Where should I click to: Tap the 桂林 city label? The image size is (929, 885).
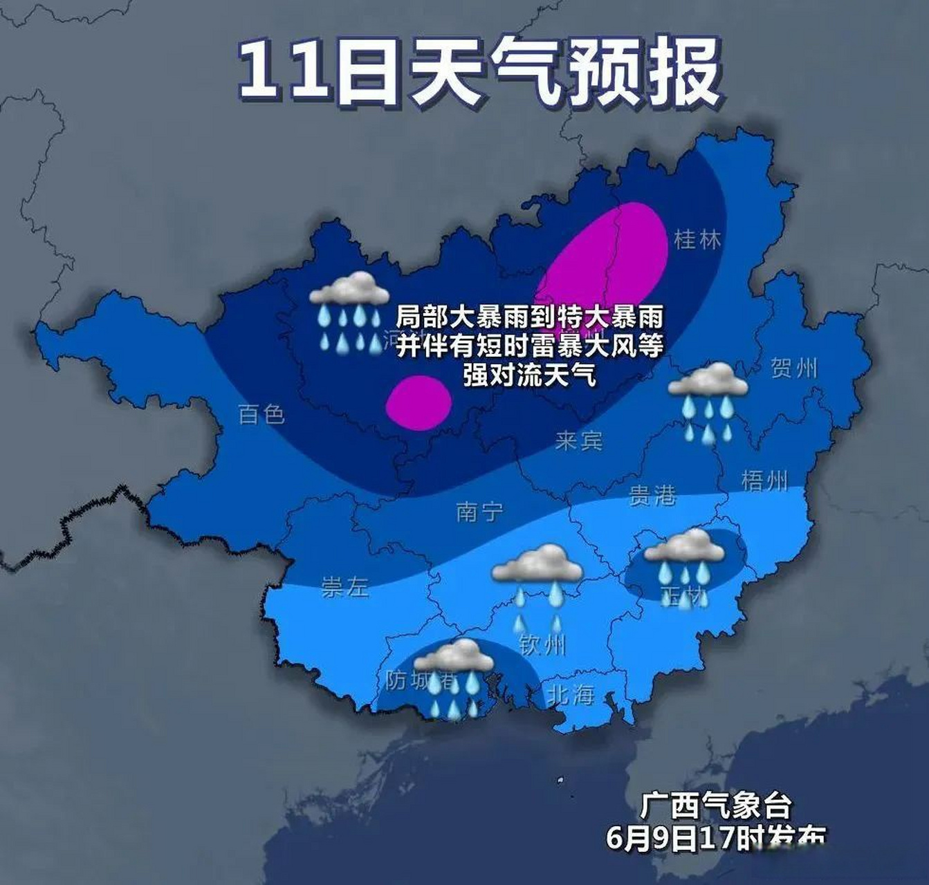coord(697,240)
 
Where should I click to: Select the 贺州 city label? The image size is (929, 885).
coord(793,368)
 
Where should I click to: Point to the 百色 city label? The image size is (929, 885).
coord(261,414)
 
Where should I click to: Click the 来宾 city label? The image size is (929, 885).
coord(578,440)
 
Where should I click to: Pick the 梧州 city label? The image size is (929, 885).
coord(764,480)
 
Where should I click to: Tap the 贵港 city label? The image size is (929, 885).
coord(652,495)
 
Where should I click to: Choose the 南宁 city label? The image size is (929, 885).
coord(479,512)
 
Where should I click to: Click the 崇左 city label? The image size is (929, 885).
coord(344,588)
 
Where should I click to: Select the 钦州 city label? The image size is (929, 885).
coord(542,645)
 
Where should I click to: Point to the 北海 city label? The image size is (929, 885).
coord(571,694)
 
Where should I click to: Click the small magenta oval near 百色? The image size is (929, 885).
coord(418,402)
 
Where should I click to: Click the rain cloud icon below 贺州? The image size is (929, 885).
coord(708,401)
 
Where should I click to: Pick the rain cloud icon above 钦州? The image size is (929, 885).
coord(537,584)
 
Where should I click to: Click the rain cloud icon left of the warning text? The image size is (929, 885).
coord(349,311)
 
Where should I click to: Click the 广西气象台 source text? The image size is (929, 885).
coord(715,805)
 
